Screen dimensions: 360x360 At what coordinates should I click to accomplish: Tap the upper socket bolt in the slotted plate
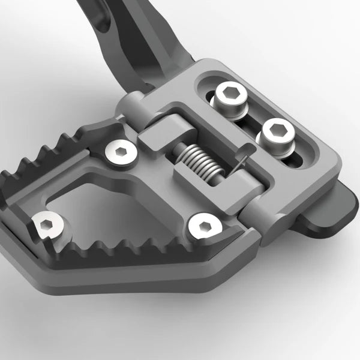point(229,96)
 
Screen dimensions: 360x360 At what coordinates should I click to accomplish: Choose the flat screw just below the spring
point(205,227)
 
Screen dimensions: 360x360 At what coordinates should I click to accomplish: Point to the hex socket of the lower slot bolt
point(277,129)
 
